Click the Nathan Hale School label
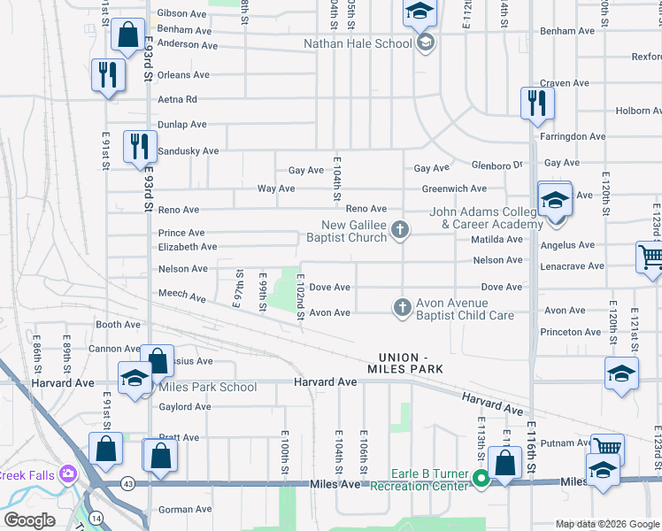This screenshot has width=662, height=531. coord(358,42)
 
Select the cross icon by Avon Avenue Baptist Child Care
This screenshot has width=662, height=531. coord(402,307)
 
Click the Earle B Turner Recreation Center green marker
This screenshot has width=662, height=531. coord(481,480)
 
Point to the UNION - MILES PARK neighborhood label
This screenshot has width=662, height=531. coord(404,363)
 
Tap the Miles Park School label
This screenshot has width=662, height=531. coord(207,387)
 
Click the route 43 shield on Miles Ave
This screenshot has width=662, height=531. coord(128,483)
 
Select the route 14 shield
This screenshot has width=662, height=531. coord(96,516)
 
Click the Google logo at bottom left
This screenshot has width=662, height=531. coord(28,520)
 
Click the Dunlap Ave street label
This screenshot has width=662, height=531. coord(182,125)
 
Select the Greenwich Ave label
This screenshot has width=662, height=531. coord(454,189)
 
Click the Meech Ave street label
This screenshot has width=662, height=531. coord(182,292)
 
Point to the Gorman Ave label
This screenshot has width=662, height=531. coord(185,509)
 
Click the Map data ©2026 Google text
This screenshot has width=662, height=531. coord(607,524)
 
